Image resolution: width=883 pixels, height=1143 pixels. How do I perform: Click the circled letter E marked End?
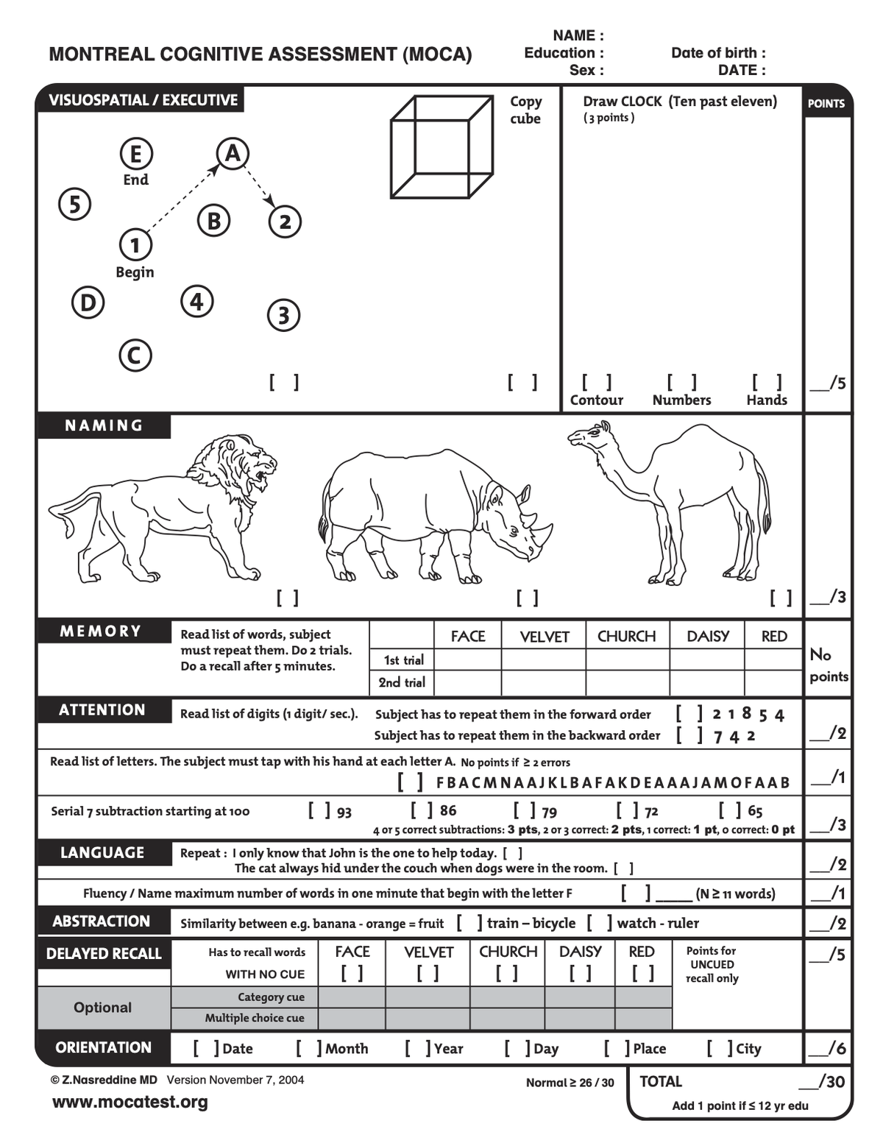[136, 155]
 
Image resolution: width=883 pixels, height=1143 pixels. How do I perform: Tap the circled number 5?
[74, 204]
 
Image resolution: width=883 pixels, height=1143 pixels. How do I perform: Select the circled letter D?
[88, 302]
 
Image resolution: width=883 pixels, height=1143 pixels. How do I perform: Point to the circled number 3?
[283, 315]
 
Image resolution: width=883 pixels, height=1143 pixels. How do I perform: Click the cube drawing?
[441, 146]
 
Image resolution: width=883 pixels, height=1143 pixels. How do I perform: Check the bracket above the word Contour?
[596, 382]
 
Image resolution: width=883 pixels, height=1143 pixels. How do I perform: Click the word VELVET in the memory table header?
[545, 637]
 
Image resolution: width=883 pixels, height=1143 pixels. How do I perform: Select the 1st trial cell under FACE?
[467, 659]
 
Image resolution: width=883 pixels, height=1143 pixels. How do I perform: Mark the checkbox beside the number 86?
[422, 810]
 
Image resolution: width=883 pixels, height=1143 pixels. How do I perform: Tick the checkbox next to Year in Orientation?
[417, 1048]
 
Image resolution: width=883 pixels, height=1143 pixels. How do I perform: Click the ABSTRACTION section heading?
[102, 921]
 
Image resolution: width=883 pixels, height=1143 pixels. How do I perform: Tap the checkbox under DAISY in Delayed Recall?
[580, 973]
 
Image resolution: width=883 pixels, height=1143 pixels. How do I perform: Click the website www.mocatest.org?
[130, 1102]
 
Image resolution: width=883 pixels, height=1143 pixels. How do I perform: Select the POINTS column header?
[826, 104]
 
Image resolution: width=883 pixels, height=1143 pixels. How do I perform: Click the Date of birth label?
[718, 53]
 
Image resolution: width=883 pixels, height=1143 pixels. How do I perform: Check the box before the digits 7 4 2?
[689, 735]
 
